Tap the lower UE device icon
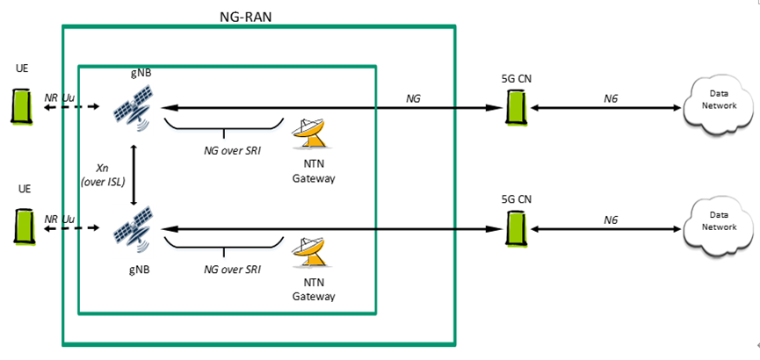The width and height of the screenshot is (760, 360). point(20,225)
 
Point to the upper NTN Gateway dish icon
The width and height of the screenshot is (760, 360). point(313,133)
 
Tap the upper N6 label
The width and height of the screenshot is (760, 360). point(611,98)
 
